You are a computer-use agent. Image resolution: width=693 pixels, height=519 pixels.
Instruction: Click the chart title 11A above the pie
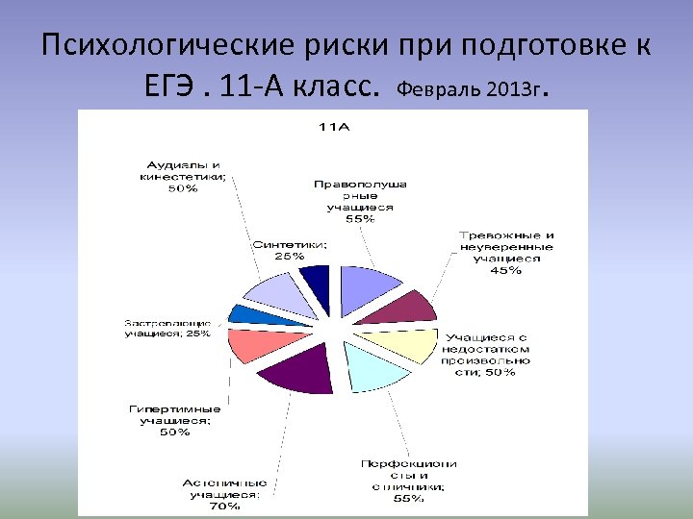[334, 126]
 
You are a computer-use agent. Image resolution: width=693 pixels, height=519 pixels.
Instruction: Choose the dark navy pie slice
[316, 284]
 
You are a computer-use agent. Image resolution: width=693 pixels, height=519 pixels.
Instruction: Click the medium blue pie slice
[245, 313]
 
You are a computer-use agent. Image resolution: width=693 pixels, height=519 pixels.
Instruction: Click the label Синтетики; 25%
[289, 250]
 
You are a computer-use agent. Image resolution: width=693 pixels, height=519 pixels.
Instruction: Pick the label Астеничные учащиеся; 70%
[225, 493]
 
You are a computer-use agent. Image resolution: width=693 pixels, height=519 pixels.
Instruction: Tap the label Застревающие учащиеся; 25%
[167, 327]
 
